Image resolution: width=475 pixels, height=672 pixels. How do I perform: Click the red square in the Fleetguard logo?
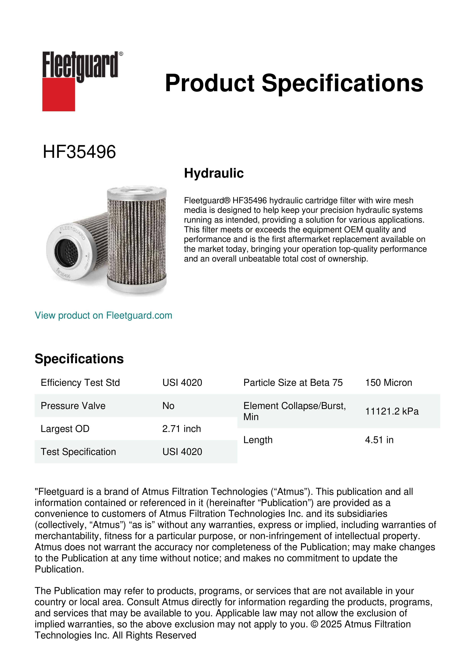[x=59, y=94]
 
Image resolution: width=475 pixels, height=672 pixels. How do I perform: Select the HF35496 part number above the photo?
[x=79, y=152]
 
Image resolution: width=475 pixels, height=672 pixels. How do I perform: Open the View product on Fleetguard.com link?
[x=103, y=315]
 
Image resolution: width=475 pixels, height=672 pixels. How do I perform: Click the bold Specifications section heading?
[x=79, y=359]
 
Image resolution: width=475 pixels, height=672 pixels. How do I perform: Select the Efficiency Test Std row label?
[x=80, y=383]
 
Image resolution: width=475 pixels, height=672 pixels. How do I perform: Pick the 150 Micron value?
[x=388, y=383]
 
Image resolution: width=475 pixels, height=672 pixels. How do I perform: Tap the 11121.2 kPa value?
[x=392, y=411]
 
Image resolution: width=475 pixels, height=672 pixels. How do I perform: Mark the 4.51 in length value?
[x=379, y=440]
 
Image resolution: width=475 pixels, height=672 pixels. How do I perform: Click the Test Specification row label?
[x=78, y=452]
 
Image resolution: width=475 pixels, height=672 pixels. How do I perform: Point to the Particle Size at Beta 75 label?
[x=293, y=383]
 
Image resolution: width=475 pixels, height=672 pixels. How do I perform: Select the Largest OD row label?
[x=65, y=429]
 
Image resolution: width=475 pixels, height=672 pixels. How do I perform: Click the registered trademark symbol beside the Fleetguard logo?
[x=121, y=54]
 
